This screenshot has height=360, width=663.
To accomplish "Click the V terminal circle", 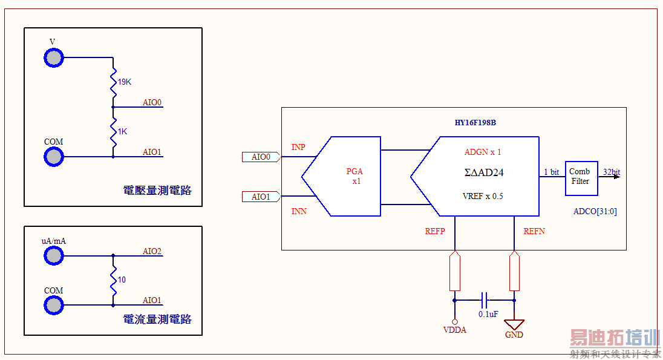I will (53, 57).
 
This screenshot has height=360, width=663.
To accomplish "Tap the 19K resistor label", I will (124, 82).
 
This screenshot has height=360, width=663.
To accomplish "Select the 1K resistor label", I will (122, 131).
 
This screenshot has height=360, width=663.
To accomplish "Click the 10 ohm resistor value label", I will (122, 280).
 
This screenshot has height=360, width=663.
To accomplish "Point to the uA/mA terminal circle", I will (53, 256).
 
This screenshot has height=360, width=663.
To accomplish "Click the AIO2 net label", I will (152, 251).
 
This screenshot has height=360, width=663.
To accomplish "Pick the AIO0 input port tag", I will (261, 157).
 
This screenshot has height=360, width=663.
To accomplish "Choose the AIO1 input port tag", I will (261, 197).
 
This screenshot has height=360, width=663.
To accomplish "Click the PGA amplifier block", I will (348, 176).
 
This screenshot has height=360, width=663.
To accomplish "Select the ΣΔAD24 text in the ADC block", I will (483, 172).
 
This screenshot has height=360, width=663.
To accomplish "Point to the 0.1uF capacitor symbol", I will (484, 299).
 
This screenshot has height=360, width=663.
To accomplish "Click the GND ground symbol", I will (514, 325).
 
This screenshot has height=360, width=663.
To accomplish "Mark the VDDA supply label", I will (454, 330).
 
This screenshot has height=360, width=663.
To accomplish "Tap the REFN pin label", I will (534, 231).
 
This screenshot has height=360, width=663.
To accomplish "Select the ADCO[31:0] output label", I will (595, 212).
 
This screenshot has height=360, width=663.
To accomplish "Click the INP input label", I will (298, 147).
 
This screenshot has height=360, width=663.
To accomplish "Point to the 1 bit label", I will (551, 172).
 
